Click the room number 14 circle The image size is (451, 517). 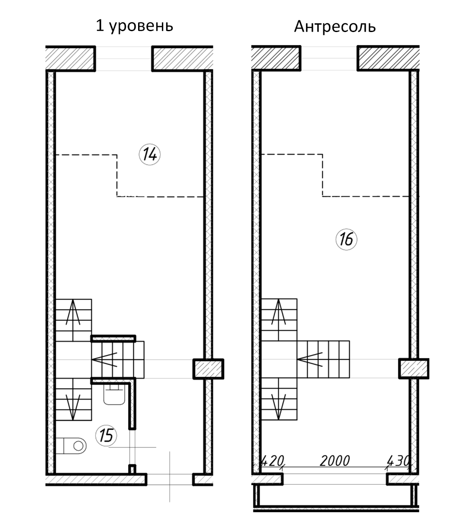click(150, 154)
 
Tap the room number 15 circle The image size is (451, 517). click(106, 435)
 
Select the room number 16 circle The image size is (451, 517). click(346, 239)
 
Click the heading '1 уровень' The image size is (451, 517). click(134, 26)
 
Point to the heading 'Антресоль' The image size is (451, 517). click(335, 27)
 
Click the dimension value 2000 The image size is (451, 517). click(334, 461)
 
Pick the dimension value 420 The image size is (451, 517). click(271, 460)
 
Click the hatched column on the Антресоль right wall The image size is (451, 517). click(413, 368)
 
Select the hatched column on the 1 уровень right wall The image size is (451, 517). click(208, 368)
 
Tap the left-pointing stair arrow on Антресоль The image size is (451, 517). click(310, 359)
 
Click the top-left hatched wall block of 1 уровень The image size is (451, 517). click(71, 58)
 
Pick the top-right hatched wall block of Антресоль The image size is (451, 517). click(388, 58)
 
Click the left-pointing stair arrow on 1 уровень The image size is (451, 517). click(104, 359)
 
